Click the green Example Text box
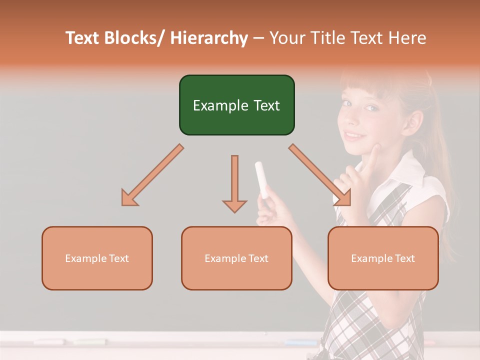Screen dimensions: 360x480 (x=236, y=105)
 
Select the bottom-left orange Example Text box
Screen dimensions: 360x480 (x=97, y=258)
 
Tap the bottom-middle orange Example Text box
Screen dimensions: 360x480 (x=236, y=258)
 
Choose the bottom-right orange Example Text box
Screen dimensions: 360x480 (x=383, y=258)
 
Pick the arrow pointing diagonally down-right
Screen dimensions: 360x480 (x=320, y=175)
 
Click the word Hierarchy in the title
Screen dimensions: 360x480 (x=209, y=38)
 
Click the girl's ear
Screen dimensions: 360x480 (x=414, y=120)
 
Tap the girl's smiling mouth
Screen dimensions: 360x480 (x=354, y=135)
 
